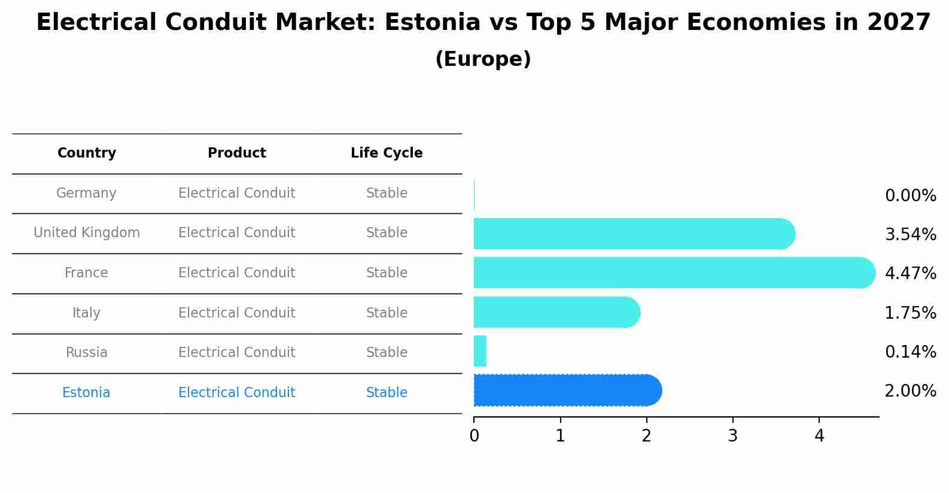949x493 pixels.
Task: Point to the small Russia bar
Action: click(x=480, y=351)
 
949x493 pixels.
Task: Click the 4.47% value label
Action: click(x=910, y=274)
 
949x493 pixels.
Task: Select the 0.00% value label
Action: click(x=910, y=196)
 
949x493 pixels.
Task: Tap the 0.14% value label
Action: click(x=910, y=352)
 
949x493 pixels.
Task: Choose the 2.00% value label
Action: click(x=910, y=391)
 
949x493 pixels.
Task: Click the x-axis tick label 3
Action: click(x=732, y=436)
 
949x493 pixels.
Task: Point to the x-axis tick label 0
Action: click(x=474, y=436)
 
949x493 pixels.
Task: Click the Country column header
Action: click(x=87, y=153)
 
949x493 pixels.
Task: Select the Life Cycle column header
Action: click(x=387, y=153)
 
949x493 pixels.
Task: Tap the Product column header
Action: click(x=237, y=153)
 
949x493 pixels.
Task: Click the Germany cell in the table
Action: click(x=86, y=193)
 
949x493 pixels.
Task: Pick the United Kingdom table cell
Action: click(x=87, y=233)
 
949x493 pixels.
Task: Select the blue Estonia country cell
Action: click(x=86, y=393)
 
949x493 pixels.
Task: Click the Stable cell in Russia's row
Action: click(x=387, y=353)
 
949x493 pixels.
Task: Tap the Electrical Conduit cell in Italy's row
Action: click(x=237, y=313)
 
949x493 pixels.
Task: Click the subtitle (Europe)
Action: click(x=483, y=59)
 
